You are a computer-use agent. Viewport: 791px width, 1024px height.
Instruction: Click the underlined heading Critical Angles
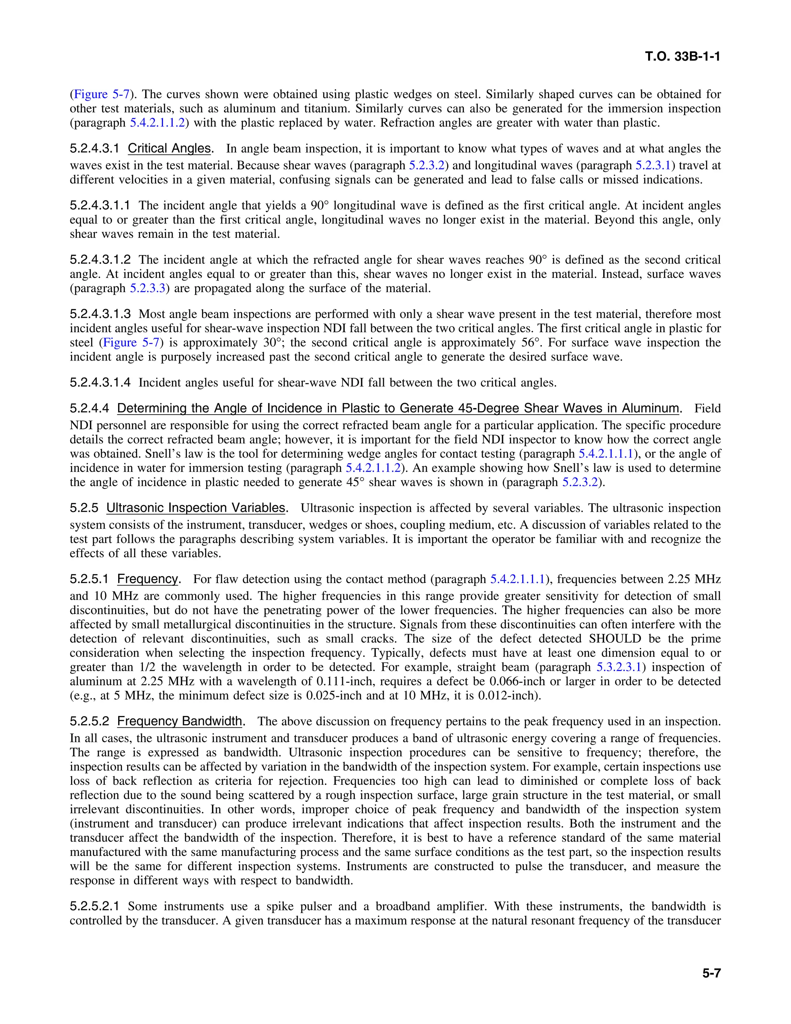click(169, 149)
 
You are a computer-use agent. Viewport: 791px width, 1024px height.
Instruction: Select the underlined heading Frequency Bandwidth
click(180, 721)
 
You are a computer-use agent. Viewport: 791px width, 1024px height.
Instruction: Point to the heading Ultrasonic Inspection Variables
click(196, 508)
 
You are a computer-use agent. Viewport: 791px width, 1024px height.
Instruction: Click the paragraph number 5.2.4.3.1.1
click(100, 205)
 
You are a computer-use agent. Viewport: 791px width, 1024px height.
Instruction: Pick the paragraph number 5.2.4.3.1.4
click(100, 383)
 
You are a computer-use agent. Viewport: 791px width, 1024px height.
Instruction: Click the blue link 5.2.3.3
click(148, 288)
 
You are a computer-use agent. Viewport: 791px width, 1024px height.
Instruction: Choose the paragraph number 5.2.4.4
click(89, 408)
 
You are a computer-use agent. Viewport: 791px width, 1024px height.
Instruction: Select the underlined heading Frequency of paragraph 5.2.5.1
click(148, 579)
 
